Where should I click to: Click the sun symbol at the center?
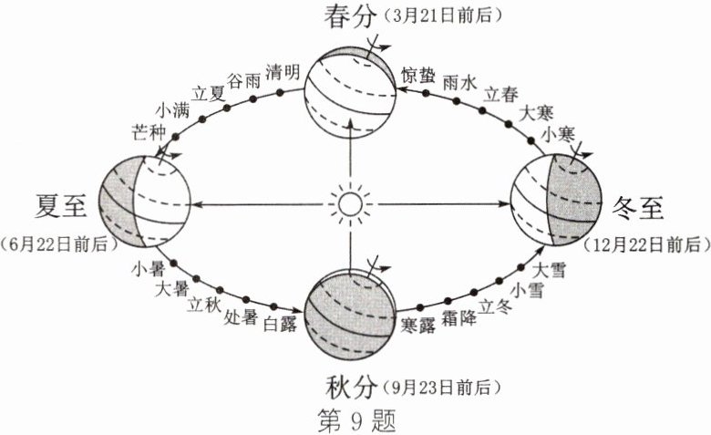tap(349, 203)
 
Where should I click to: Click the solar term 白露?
tap(279, 325)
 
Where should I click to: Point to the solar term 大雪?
tap(548, 271)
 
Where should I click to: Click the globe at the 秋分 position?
tap(351, 313)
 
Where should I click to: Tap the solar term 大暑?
tap(171, 289)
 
